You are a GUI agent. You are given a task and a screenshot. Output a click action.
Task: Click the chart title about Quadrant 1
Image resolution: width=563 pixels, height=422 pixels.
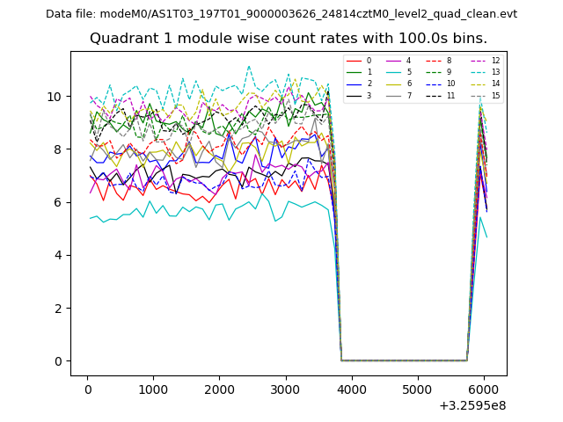288,39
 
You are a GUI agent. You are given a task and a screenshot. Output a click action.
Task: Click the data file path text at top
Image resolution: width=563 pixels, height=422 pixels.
281,14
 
